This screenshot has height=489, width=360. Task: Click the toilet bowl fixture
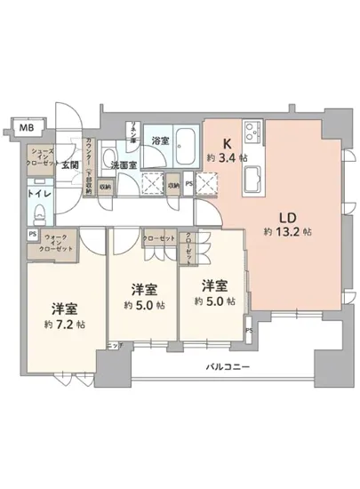(x=39, y=212)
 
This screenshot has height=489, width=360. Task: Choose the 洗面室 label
(x=123, y=164)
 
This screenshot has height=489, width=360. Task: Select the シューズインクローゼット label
(x=39, y=157)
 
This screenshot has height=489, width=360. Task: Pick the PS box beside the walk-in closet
(x=32, y=235)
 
